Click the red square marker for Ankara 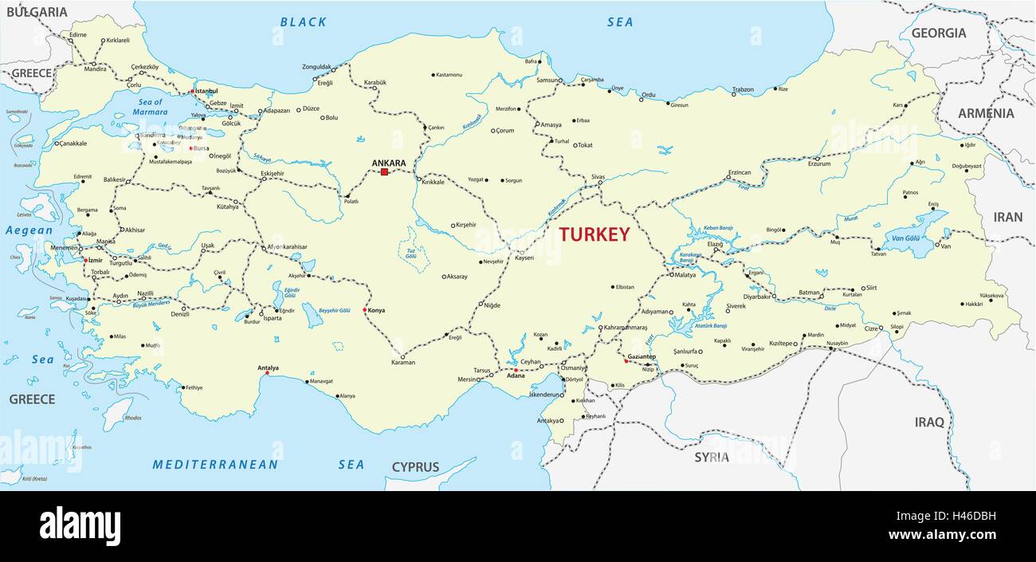coord(384,171)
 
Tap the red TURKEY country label coord(594,234)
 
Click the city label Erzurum coord(819,164)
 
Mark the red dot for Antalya coord(267,372)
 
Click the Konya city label coord(376,310)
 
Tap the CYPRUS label coord(415,467)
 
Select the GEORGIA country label coord(938,33)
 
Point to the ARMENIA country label coord(986,113)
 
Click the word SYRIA coord(711,458)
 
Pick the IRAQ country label coord(928,422)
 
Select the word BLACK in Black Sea coord(303,22)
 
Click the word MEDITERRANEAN coord(215,464)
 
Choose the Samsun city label coord(547,80)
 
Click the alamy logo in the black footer coord(80,526)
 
